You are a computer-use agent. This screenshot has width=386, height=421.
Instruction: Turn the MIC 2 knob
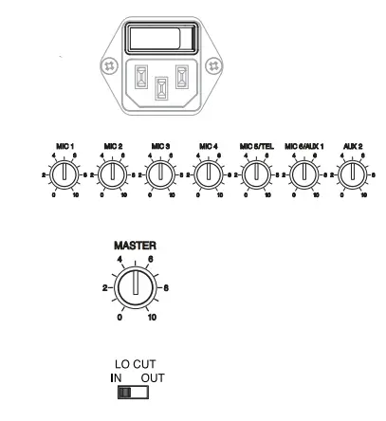click(x=111, y=174)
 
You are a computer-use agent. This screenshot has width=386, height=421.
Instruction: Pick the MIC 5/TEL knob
click(x=255, y=174)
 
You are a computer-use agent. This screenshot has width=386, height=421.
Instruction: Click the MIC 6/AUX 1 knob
click(x=303, y=174)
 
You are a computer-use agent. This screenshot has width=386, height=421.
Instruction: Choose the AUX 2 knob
click(x=352, y=174)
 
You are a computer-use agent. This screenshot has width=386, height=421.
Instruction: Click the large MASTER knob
click(x=137, y=284)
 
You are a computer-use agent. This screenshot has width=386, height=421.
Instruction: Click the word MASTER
click(x=137, y=244)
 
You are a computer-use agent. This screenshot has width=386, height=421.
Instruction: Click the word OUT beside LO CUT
click(x=153, y=377)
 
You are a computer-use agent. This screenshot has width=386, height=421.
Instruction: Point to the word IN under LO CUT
click(x=117, y=377)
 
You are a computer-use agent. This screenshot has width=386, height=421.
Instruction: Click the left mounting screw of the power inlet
click(x=110, y=66)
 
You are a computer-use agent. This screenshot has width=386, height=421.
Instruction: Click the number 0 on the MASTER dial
click(x=120, y=318)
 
